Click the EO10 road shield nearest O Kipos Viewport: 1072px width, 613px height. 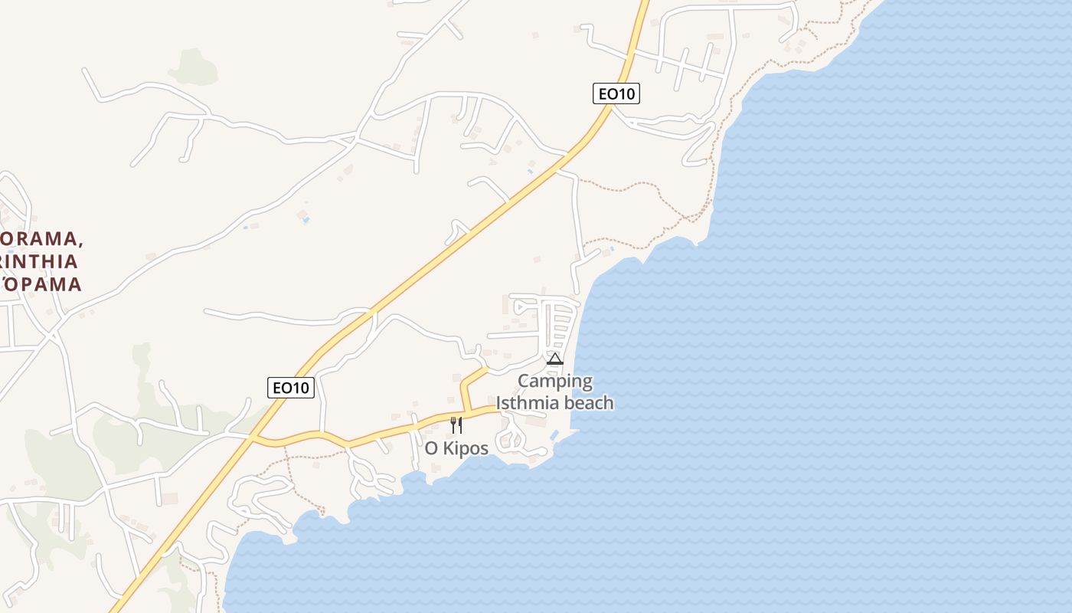point(292,388)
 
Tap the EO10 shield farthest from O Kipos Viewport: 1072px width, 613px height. point(616,93)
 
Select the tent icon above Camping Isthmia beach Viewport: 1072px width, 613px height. point(555,359)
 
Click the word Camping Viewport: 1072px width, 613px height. point(555,381)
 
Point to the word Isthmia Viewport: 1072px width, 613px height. point(530,402)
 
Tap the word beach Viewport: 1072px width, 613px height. point(590,402)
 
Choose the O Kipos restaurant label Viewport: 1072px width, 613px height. point(456,448)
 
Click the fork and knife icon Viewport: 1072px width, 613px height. point(456,425)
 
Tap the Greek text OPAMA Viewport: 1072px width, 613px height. point(43,284)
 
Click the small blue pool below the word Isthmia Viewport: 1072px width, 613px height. point(554,435)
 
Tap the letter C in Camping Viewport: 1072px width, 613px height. point(525,381)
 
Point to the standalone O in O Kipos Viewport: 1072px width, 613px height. point(431,448)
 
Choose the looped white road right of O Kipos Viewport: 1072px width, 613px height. point(509,441)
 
